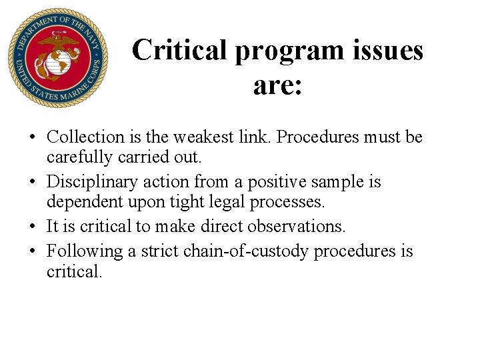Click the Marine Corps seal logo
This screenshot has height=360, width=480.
pyautogui.click(x=57, y=58)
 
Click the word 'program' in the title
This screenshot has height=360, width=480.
pyautogui.click(x=275, y=50)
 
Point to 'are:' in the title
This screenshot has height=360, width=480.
pyautogui.click(x=277, y=85)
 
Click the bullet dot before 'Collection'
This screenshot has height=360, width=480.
pyautogui.click(x=32, y=138)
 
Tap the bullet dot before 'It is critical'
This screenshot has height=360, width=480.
pyautogui.click(x=32, y=227)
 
